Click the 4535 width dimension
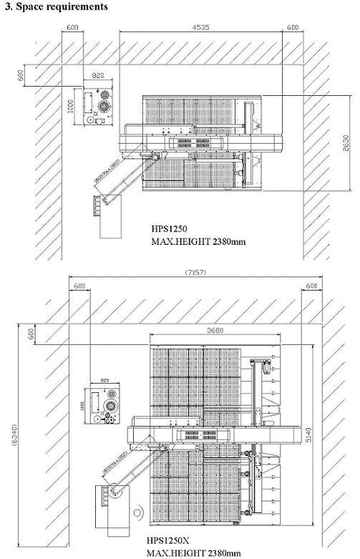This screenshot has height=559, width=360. (200, 28)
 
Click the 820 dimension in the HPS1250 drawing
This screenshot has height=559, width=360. (98, 74)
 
